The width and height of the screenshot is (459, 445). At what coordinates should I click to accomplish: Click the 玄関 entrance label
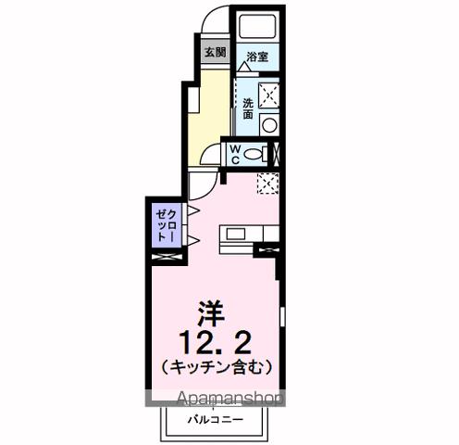tap(214, 53)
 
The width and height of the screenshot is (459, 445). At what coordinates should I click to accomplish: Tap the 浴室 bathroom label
tap(256, 57)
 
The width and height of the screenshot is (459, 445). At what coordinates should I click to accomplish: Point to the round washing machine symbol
tap(269, 125)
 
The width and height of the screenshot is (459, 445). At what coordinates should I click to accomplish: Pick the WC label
tap(235, 154)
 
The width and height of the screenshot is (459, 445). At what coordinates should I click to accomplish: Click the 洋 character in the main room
tap(212, 312)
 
